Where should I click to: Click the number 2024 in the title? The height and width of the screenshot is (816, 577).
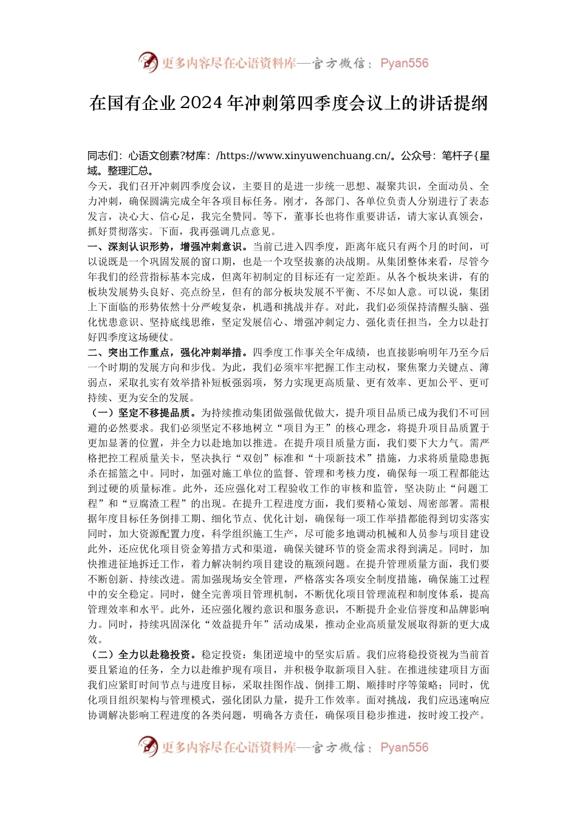coord(202,103)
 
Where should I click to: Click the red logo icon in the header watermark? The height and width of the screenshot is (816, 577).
coord(148,63)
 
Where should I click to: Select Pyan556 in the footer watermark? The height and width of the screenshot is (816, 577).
coord(404,747)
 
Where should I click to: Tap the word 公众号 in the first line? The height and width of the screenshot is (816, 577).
coord(414,155)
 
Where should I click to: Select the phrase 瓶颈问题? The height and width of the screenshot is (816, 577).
coord(325,564)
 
